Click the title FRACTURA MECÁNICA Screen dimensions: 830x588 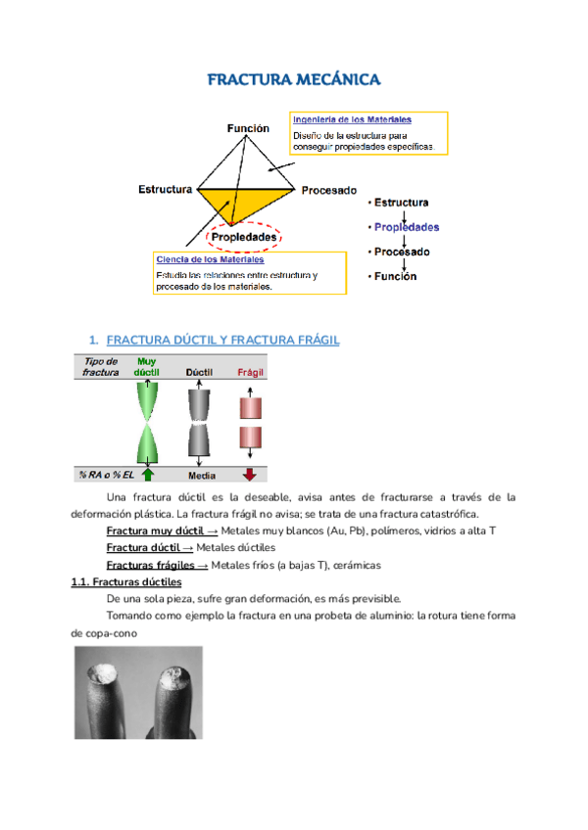[293, 79]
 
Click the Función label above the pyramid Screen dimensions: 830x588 [248, 128]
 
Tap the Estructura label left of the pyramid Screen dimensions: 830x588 [164, 189]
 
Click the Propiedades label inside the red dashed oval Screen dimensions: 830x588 [243, 236]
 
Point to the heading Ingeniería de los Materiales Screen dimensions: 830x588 [352, 119]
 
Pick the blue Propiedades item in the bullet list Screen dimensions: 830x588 [407, 226]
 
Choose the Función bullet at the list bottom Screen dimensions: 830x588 [395, 276]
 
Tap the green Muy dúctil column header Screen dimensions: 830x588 [146, 367]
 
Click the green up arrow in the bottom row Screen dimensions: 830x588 [147, 475]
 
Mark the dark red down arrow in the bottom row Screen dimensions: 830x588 [249, 475]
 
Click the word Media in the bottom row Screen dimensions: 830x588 [201, 475]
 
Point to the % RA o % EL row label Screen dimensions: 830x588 [103, 475]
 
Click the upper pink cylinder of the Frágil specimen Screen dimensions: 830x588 [250, 405]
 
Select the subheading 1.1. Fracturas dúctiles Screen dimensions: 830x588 [126, 581]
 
